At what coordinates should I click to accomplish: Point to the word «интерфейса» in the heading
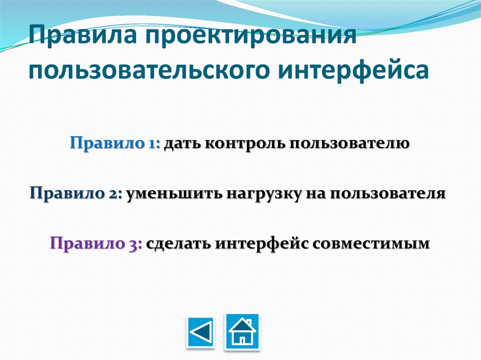pos(354,69)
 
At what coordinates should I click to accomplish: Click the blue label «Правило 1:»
pos(115,143)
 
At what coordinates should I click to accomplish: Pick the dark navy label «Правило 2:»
pos(76,193)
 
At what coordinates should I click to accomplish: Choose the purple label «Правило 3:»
pos(96,244)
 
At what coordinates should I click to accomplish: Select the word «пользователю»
pos(349,144)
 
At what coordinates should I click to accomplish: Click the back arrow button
pos(201,333)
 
